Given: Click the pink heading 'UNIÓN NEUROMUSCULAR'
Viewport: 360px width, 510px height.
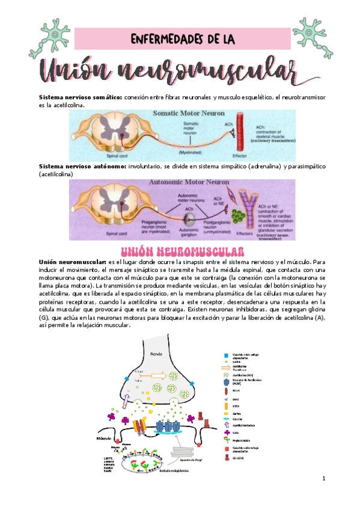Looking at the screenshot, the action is tap(182, 251).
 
